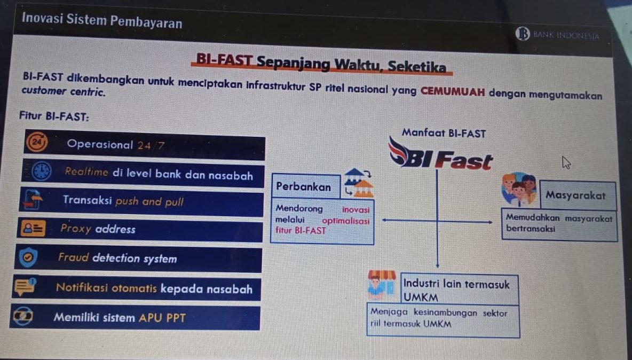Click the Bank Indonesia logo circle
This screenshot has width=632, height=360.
pyautogui.click(x=523, y=34)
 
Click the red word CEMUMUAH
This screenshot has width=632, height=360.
pyautogui.click(x=453, y=91)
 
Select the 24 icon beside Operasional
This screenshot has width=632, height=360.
pyautogui.click(x=37, y=142)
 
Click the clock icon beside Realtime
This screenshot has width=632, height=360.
pyautogui.click(x=41, y=171)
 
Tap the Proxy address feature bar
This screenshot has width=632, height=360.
pyautogui.click(x=140, y=230)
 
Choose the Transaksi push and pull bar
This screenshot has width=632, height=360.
pyautogui.click(x=141, y=201)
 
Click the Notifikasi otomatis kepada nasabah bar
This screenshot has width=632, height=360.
pyautogui.click(x=137, y=288)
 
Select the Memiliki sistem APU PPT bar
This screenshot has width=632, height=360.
pyautogui.click(x=135, y=318)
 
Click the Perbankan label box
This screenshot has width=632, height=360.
pyautogui.click(x=306, y=186)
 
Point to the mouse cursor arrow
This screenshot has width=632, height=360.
pyautogui.click(x=566, y=162)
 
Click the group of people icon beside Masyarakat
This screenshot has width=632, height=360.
pyautogui.click(x=519, y=189)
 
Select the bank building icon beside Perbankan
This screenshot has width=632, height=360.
pyautogui.click(x=359, y=183)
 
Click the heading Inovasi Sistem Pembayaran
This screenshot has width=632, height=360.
pyautogui.click(x=102, y=20)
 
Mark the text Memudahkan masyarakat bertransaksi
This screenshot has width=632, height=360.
pyautogui.click(x=559, y=223)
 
